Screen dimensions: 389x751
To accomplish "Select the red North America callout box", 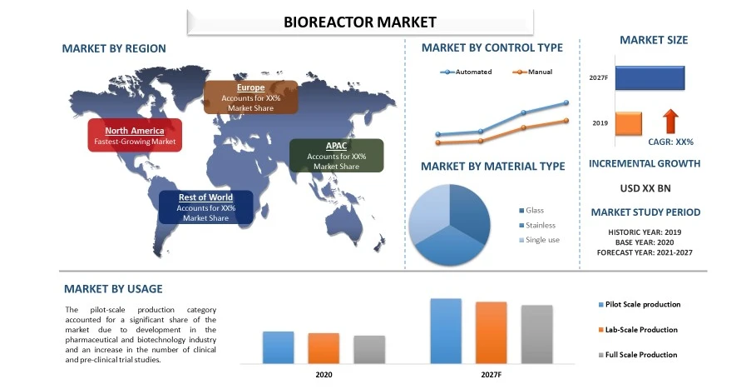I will coord(134,137).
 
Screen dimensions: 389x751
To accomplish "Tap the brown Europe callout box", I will coord(250,97).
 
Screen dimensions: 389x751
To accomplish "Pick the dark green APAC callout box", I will coord(336,156).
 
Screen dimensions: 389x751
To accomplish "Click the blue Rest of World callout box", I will coord(205,207).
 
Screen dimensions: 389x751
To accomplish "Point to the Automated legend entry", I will coord(467,72).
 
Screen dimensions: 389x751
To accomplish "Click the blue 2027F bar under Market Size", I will coord(650,77).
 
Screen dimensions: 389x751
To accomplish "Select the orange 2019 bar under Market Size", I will coord(628,123).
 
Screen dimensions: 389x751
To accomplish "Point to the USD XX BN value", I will coord(645,188).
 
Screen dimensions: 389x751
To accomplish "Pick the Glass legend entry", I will coord(533,210).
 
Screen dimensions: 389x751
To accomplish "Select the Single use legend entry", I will coord(541,240).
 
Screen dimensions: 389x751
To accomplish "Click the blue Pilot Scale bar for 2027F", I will coord(446,331).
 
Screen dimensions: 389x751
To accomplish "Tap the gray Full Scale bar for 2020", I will coord(369,349).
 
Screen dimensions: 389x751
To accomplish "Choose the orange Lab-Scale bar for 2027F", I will coord(491,332).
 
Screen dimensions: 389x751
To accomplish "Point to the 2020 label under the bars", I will coord(324,375).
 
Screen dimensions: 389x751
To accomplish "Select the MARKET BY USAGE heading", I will coord(113,289).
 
